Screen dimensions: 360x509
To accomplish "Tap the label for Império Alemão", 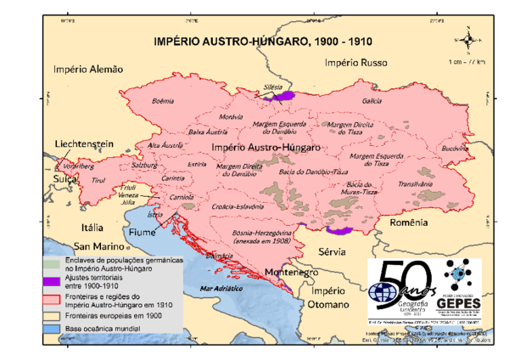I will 89,70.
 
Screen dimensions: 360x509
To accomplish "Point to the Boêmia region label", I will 162,100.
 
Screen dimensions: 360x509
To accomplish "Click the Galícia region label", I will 372,101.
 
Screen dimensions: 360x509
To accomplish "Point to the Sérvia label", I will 333,252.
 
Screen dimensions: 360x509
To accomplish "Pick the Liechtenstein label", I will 84,145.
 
